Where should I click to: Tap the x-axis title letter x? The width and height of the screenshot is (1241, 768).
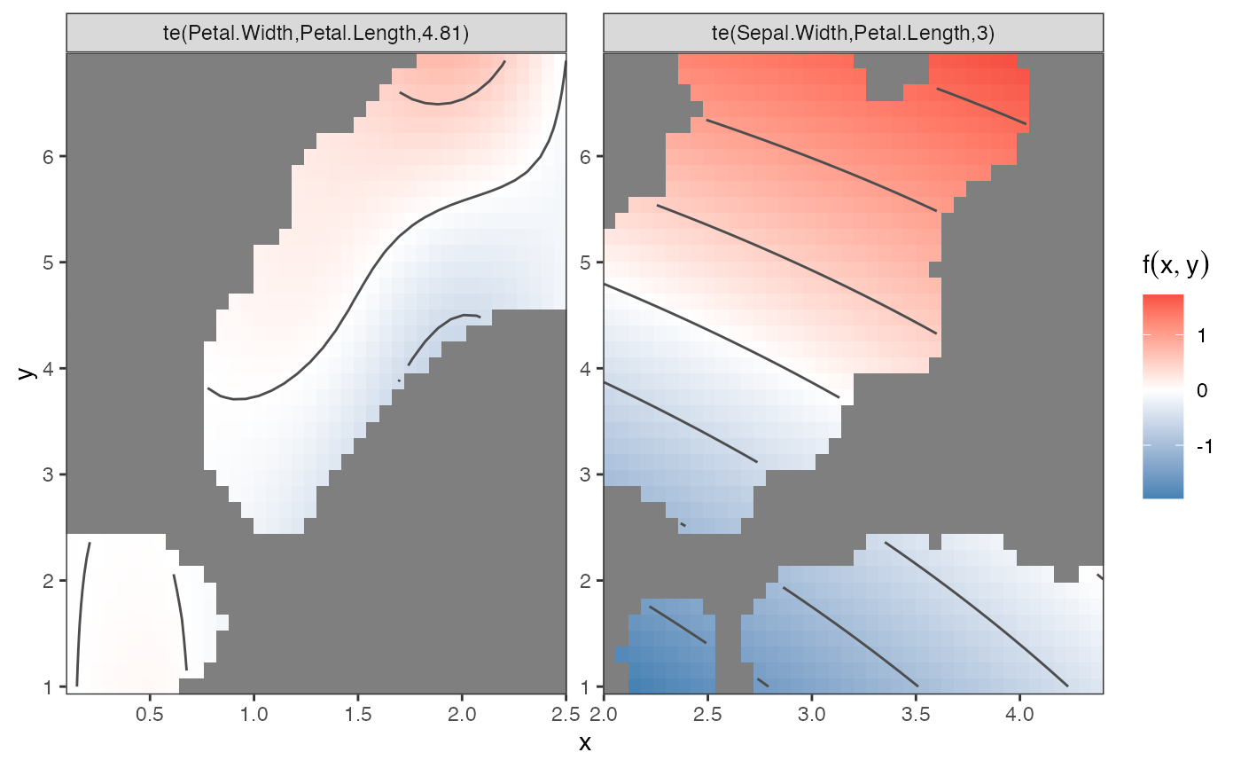click(x=585, y=743)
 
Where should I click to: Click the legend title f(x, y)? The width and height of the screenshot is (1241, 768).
click(x=1175, y=266)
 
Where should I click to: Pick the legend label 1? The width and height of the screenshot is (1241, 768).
click(x=1201, y=335)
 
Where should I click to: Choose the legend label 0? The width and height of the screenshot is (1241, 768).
click(x=1201, y=391)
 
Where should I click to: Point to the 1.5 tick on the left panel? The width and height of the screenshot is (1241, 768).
click(x=357, y=714)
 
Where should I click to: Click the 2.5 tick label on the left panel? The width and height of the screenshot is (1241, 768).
click(x=564, y=714)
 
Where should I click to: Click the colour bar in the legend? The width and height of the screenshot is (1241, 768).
click(x=1163, y=396)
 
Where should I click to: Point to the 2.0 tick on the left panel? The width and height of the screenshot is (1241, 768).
click(x=461, y=714)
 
